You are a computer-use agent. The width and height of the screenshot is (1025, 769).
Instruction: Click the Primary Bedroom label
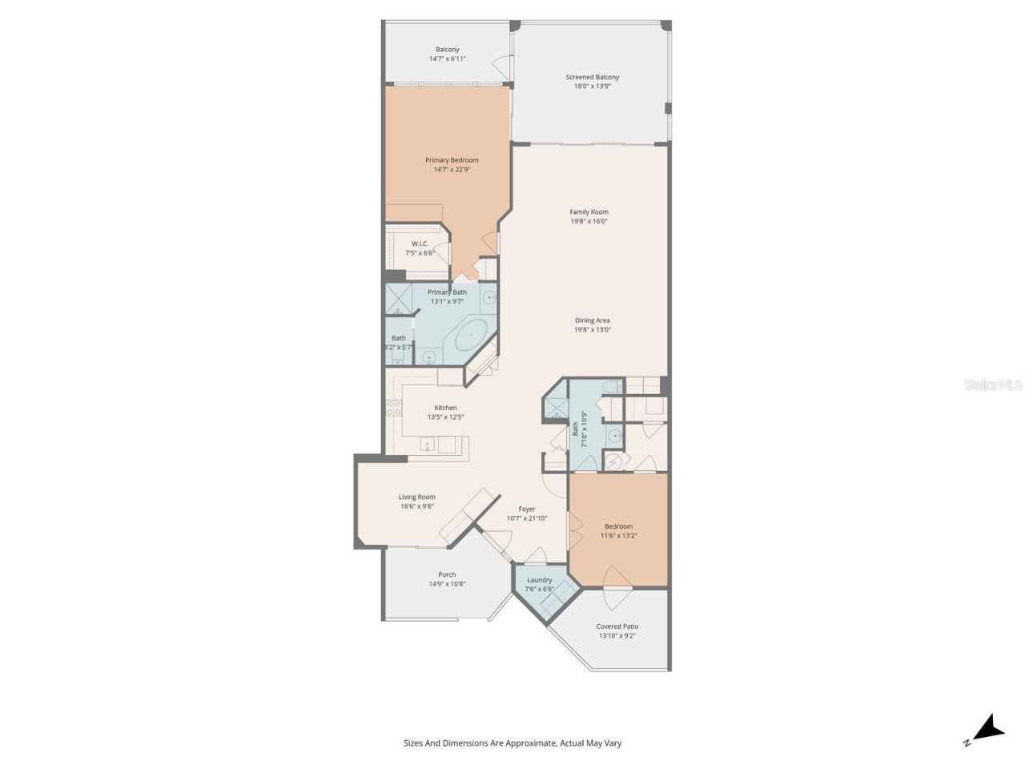pos(452,160)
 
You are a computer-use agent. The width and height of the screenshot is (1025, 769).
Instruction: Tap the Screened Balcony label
pos(593,78)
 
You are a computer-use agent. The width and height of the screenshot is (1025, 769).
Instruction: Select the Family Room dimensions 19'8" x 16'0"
pos(589,221)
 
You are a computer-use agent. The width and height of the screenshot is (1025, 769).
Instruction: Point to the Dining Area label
pos(593,320)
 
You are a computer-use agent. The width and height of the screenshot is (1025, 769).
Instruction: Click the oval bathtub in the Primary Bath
pos(471,334)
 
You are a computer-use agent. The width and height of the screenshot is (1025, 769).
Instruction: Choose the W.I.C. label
pos(420,244)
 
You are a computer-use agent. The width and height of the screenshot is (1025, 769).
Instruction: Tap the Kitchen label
pos(446,408)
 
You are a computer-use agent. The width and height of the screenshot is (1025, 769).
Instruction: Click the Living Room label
pos(417,497)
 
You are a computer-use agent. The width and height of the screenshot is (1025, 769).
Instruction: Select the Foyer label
pos(527,509)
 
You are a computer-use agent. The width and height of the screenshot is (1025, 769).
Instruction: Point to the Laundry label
pos(540,580)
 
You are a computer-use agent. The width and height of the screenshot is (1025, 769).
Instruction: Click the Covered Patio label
pos(617,626)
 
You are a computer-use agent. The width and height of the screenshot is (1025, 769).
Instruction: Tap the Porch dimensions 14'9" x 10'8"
pos(447,584)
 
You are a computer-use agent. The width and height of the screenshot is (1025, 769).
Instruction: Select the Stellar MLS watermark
pos(993,385)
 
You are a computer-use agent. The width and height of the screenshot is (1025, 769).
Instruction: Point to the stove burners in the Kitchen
pos(394,408)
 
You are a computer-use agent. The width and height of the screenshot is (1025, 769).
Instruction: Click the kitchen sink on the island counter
pos(428,444)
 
